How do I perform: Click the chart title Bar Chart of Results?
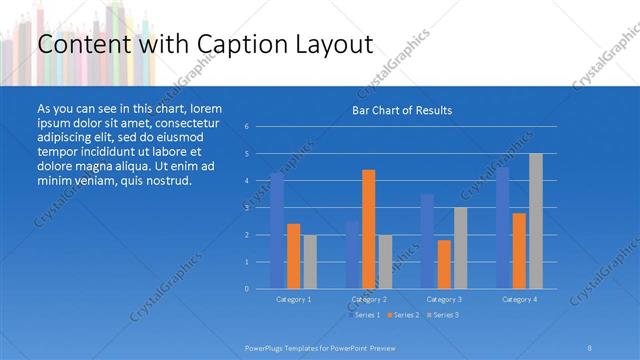[402, 110]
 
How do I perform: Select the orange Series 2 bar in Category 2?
[369, 229]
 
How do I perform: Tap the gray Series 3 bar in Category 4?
[536, 221]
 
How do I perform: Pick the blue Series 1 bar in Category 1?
[277, 231]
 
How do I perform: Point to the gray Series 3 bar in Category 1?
[310, 262]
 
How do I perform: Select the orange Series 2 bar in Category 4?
[519, 250]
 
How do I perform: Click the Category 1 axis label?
[293, 299]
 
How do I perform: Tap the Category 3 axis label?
[444, 299]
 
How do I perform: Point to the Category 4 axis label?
[519, 299]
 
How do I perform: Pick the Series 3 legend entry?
[444, 315]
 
